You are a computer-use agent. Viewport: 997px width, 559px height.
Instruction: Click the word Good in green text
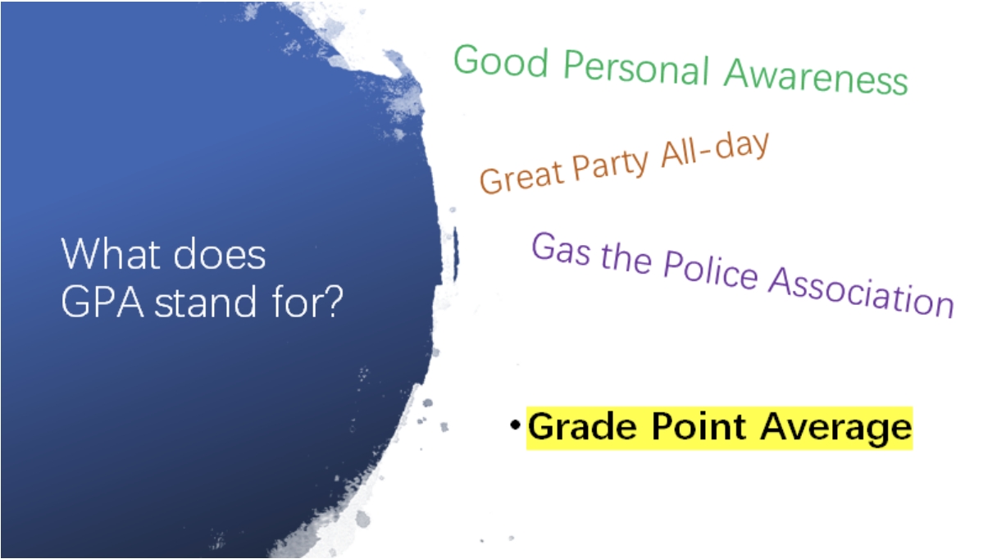pos(501,61)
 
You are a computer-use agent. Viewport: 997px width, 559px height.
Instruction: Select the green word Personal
pos(636,68)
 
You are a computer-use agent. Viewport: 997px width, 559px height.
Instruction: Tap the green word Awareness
pos(816,77)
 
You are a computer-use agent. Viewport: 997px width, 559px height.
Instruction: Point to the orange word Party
pos(611,164)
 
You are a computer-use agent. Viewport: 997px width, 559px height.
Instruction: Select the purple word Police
pos(710,271)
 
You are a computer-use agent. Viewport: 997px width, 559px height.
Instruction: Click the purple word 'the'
pos(626,258)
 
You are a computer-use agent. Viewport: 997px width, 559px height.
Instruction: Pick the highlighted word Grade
pos(583,427)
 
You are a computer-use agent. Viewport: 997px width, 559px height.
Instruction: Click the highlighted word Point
pos(699,426)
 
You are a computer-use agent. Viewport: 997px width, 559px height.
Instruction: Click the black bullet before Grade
pos(516,425)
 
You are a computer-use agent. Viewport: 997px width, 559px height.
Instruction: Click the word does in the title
pos(220,254)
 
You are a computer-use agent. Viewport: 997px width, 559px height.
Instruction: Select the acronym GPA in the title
pos(102,302)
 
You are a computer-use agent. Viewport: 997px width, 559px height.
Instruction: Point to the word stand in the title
pos(205,301)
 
